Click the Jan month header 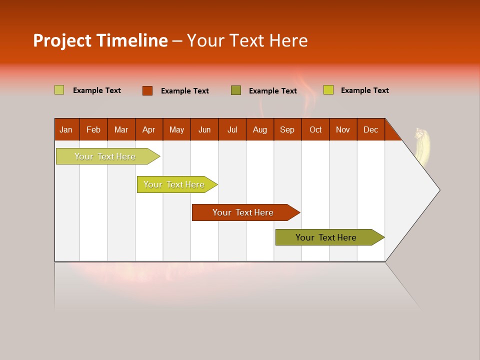pos(66,130)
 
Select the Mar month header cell pos(121,130)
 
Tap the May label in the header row pos(176,130)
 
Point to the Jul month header pos(232,130)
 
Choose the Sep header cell pos(287,130)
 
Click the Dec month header pos(370,130)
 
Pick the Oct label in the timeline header pos(315,130)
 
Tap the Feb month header pos(93,130)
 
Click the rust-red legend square pos(147,90)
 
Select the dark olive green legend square pos(236,90)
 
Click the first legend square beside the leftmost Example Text pos(59,90)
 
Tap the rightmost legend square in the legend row pos(328,90)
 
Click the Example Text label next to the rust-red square pos(185,91)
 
